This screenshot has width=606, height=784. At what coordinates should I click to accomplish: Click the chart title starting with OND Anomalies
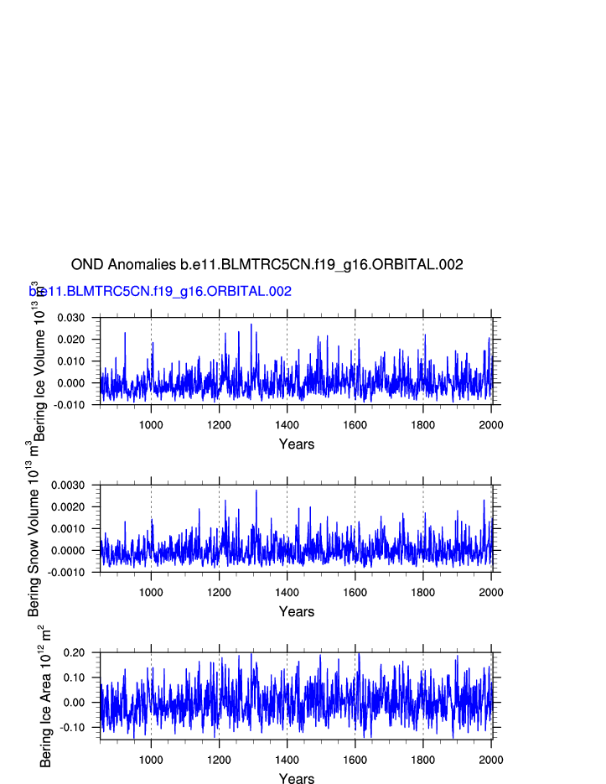pos(267,265)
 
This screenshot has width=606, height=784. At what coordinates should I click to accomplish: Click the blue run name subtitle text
pos(161,292)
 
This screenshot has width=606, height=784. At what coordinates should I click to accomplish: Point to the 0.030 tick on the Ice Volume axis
pos(71,318)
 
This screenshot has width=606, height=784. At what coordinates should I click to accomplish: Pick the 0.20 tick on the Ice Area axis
pos(75,652)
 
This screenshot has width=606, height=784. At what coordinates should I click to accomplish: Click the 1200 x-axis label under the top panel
pos(219,424)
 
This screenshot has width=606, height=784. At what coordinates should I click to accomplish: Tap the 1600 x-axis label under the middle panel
pos(355,592)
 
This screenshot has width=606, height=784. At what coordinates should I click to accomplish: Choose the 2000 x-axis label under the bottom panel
pos(491,760)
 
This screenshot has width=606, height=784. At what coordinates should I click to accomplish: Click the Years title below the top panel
pos(297,444)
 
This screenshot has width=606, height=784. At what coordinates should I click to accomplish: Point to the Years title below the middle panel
pos(297,612)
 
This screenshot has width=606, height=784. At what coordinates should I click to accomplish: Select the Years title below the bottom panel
pos(297,779)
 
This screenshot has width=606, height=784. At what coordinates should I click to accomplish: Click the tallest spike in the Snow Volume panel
pos(256,491)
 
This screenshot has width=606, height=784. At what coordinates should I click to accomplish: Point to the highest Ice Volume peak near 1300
pos(251,325)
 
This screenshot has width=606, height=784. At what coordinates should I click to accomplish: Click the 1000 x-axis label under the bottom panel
pos(151,760)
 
